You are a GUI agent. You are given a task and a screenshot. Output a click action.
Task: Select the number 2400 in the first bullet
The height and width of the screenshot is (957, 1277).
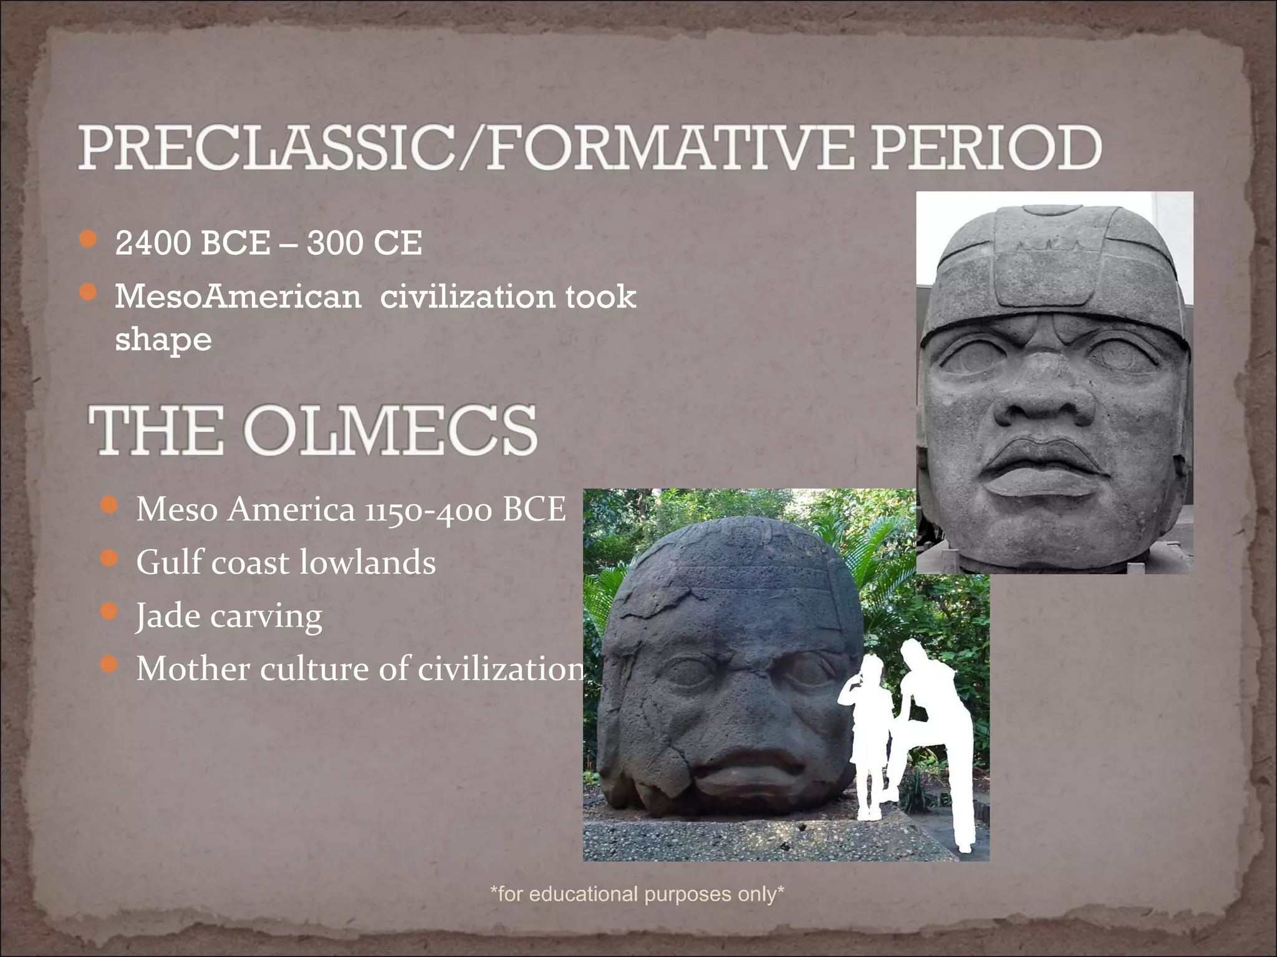coord(153,243)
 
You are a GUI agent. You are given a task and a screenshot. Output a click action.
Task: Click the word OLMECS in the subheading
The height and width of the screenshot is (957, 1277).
coord(390,430)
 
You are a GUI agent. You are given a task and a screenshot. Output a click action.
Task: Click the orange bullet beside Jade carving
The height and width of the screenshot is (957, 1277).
coord(109,612)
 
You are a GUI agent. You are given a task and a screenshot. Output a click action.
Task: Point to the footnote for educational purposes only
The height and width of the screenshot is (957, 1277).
coord(637,894)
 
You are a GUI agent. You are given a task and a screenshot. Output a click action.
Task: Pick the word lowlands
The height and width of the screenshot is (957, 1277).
coord(367,563)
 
